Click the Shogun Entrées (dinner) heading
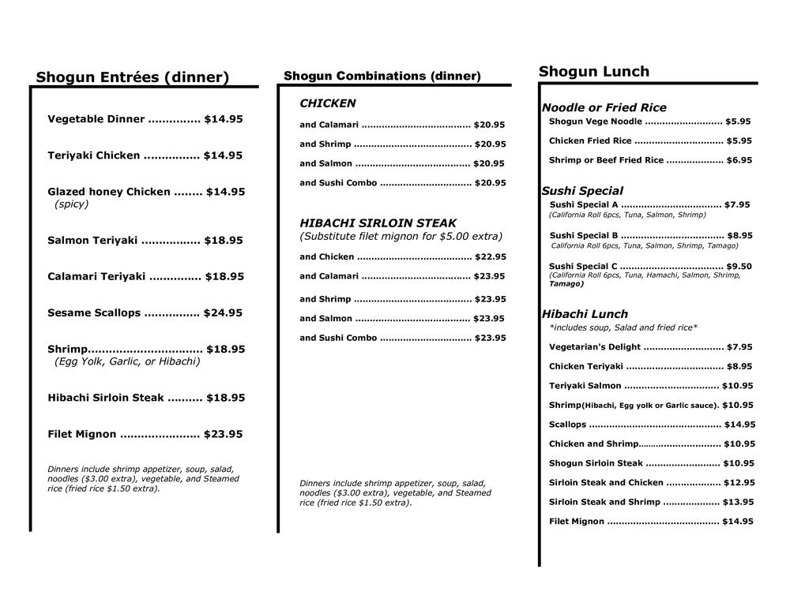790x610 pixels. [x=132, y=77]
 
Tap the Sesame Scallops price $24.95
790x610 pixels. [x=223, y=313]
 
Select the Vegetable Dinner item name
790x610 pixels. [x=96, y=119]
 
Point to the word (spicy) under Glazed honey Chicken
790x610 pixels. [x=71, y=204]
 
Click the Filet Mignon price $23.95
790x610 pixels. [x=223, y=435]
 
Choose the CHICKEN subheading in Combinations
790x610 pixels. [x=327, y=103]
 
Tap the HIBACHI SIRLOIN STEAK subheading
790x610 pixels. [x=378, y=223]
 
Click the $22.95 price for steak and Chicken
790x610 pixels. [x=490, y=257]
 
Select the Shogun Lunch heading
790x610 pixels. [x=593, y=72]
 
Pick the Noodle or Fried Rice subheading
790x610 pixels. [x=604, y=107]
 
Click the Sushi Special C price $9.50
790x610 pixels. [x=739, y=267]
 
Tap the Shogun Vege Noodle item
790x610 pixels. [x=595, y=122]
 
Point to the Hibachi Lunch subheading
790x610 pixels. [x=585, y=314]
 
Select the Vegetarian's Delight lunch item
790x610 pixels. [x=595, y=347]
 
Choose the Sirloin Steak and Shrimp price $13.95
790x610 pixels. [x=739, y=502]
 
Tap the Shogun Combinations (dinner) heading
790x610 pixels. [x=382, y=77]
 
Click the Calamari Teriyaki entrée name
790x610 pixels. [x=96, y=277]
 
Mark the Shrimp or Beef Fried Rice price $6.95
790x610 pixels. [x=739, y=160]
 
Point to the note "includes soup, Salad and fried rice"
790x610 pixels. [x=623, y=327]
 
